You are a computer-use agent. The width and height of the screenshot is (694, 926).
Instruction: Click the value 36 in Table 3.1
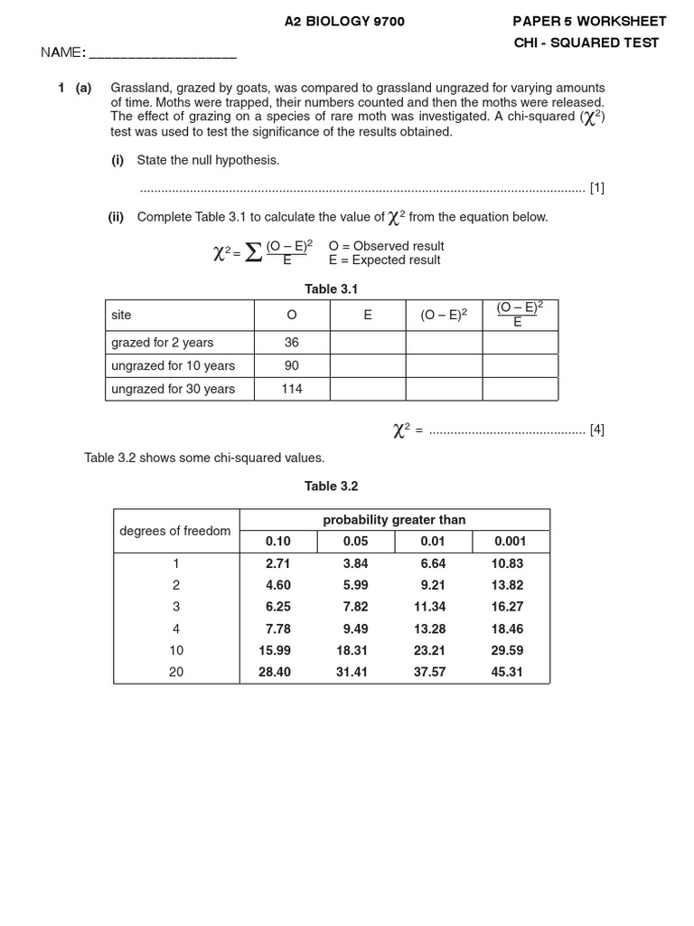(x=291, y=343)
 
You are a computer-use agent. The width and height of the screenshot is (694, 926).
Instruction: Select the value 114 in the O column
(x=291, y=389)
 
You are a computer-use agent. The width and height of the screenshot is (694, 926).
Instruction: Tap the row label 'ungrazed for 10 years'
(x=173, y=366)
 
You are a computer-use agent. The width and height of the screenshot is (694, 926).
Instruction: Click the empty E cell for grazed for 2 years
(x=368, y=343)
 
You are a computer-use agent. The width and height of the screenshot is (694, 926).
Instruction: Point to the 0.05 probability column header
(x=356, y=542)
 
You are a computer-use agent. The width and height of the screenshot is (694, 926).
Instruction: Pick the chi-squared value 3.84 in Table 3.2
(x=356, y=563)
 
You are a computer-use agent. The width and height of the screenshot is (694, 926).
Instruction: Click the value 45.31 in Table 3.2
(x=510, y=672)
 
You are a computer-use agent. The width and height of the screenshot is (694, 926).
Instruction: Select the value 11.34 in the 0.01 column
(x=429, y=607)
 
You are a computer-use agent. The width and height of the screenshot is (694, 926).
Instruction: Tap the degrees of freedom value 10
(x=176, y=650)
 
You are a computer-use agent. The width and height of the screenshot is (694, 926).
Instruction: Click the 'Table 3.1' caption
(x=332, y=289)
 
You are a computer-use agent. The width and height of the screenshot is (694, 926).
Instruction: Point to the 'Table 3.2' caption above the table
(x=332, y=487)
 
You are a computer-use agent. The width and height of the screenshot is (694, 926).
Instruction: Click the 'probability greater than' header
(x=394, y=520)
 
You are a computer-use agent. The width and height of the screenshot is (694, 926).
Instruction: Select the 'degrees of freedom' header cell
(x=175, y=531)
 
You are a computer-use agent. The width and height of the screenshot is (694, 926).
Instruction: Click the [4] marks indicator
(x=596, y=430)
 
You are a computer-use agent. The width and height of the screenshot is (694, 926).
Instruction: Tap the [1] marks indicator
(x=596, y=188)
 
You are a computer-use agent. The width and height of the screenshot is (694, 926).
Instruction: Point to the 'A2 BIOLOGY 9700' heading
(x=345, y=22)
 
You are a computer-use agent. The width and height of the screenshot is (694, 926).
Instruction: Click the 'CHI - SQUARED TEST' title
(x=586, y=43)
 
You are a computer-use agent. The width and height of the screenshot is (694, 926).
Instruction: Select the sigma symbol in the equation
(x=254, y=253)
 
